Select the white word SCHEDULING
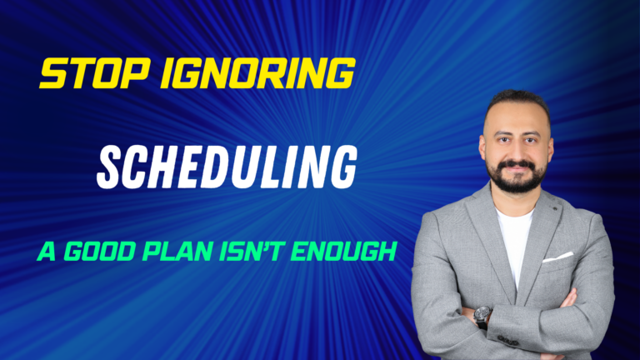click(227, 167)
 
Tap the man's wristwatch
click(482, 316)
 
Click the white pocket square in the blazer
click(557, 257)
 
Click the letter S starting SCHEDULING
click(109, 167)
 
